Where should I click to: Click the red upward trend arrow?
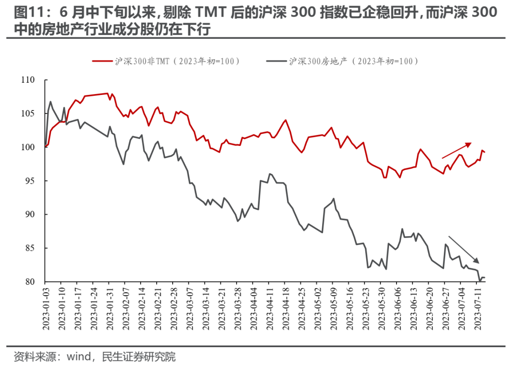click(x=457, y=150)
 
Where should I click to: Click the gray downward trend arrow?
click(x=464, y=249)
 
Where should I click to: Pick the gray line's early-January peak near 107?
click(x=51, y=102)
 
